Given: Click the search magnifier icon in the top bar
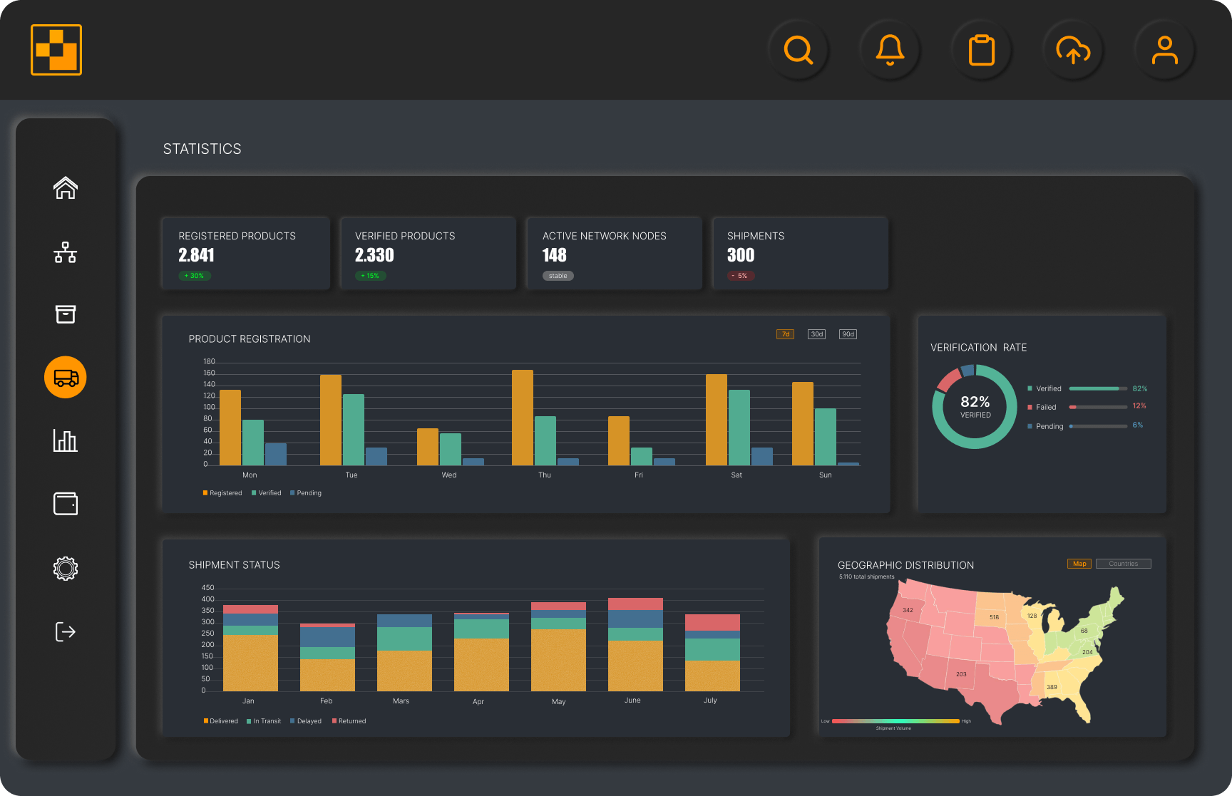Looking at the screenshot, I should [798, 50].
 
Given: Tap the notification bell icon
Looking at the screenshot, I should [890, 50].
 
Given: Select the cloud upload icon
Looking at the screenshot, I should [1073, 50].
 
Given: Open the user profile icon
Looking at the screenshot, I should [1164, 50].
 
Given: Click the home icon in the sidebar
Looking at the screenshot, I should [66, 188].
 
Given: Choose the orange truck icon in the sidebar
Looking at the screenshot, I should [66, 377].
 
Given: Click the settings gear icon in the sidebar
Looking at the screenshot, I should [66, 568].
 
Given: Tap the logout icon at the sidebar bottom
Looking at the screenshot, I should [66, 631].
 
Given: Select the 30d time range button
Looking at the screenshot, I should [816, 334].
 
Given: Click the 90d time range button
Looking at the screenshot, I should [848, 334].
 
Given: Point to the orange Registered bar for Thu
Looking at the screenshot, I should [523, 418].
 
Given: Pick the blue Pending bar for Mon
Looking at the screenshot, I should [276, 454].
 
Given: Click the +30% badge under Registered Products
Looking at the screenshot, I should [194, 276].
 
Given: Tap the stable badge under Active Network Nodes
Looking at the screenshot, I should [558, 276].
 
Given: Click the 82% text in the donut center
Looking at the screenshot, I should [975, 402].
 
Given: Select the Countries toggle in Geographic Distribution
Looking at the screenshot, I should [1123, 564].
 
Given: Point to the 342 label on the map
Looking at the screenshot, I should [908, 610].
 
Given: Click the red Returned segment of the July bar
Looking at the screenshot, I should [712, 622].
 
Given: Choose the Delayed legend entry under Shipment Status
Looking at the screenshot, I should [306, 721].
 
